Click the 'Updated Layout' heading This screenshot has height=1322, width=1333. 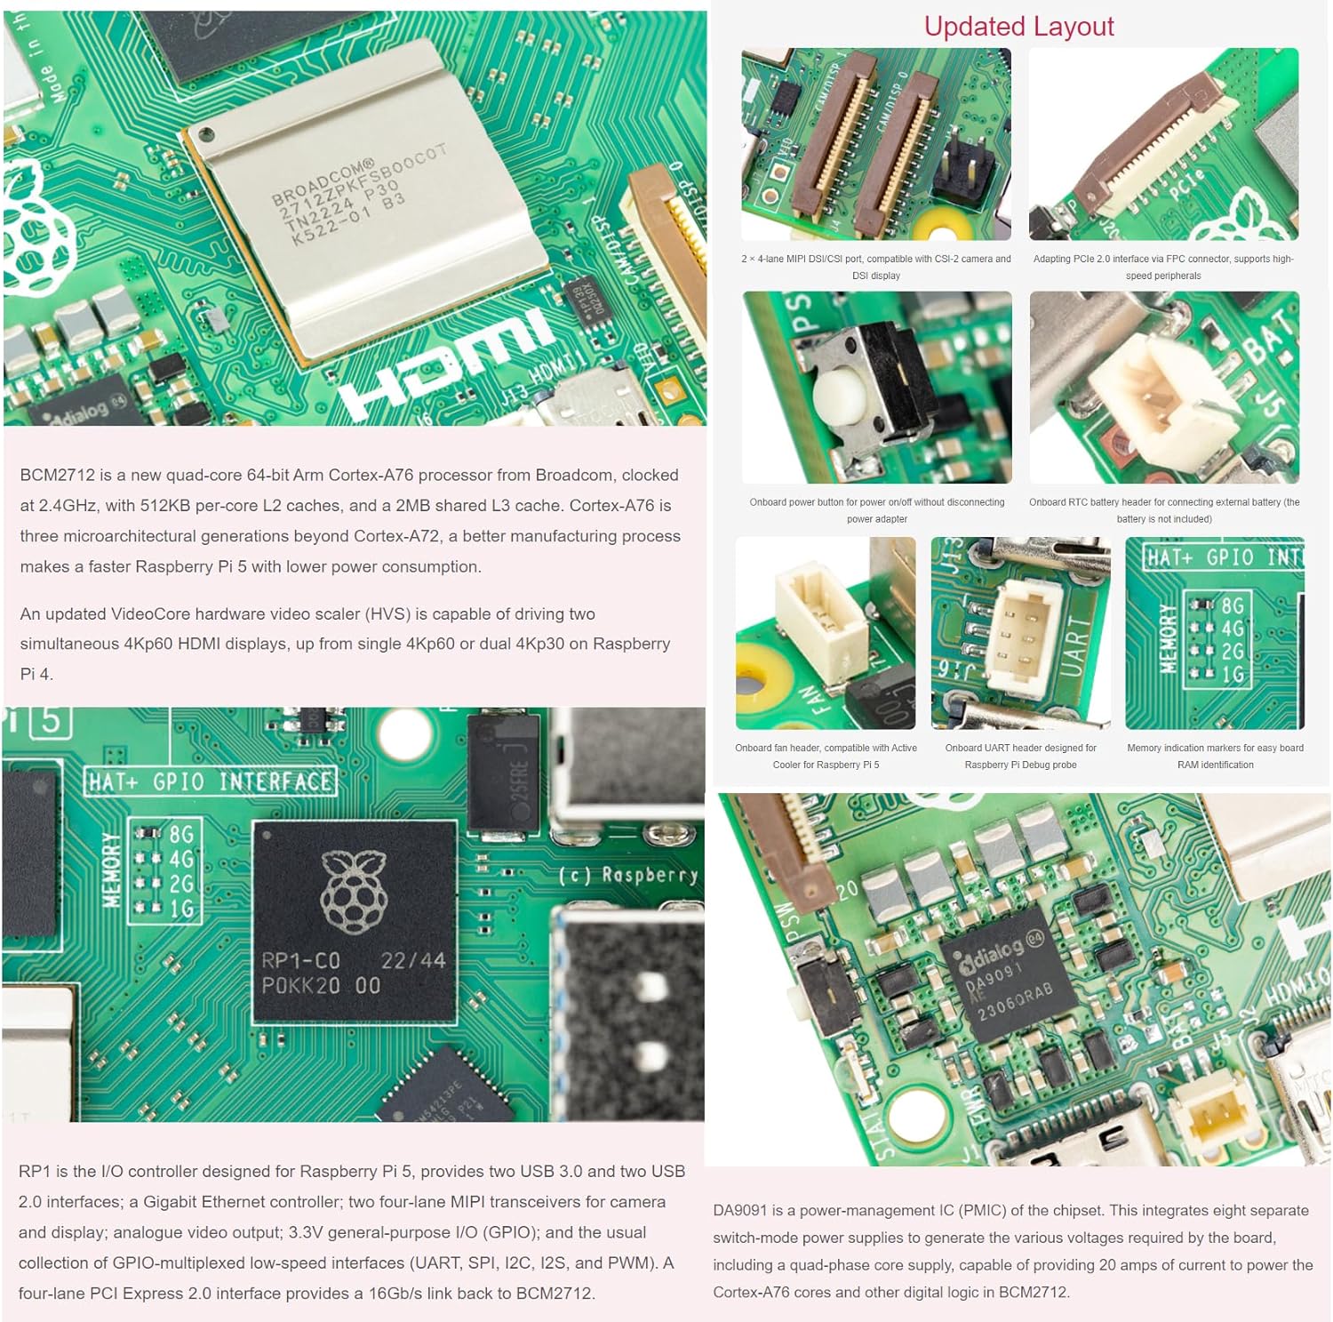coord(1018,27)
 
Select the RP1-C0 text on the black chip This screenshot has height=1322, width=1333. coord(301,961)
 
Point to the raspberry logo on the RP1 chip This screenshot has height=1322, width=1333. coord(354,891)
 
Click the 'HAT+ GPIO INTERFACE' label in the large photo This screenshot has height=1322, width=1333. coord(211,782)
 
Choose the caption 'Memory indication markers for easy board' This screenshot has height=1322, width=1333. coord(1215,748)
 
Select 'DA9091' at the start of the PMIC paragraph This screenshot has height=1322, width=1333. coord(740,1211)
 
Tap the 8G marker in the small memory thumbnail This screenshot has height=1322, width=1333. coord(1232,606)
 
